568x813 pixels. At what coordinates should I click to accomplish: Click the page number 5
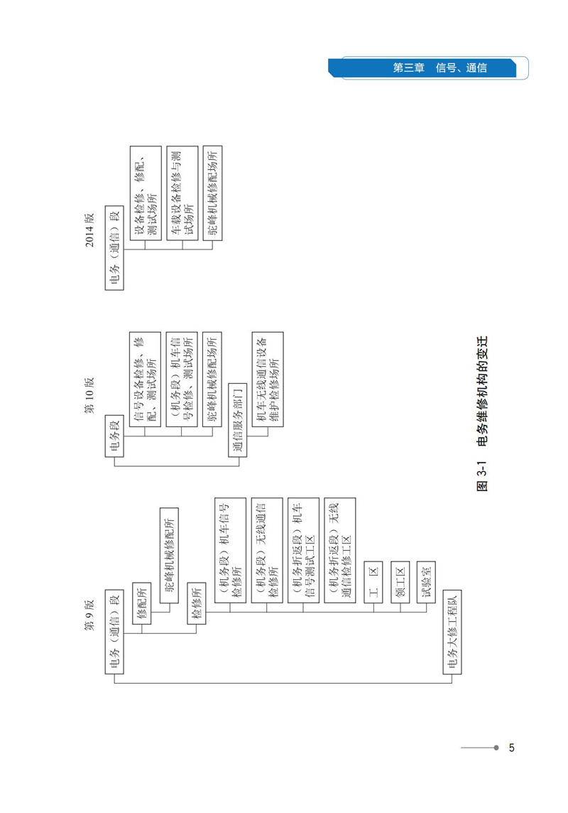[x=511, y=748]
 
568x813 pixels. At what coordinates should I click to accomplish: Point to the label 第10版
[x=90, y=392]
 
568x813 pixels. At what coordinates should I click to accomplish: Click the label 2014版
[x=90, y=229]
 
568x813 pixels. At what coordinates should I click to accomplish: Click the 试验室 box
[x=427, y=580]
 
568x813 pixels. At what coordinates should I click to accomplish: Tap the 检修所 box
[x=197, y=605]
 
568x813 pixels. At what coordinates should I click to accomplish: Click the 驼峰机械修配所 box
[x=170, y=556]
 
